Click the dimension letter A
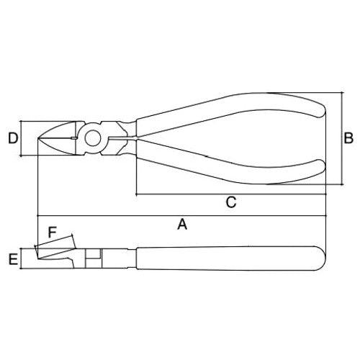click(182, 225)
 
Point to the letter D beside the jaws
click(12, 138)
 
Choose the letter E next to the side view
click(12, 258)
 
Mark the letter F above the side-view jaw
click(51, 233)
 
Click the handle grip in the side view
click(230, 257)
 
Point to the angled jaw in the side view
click(54, 253)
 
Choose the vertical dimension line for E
click(23, 258)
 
